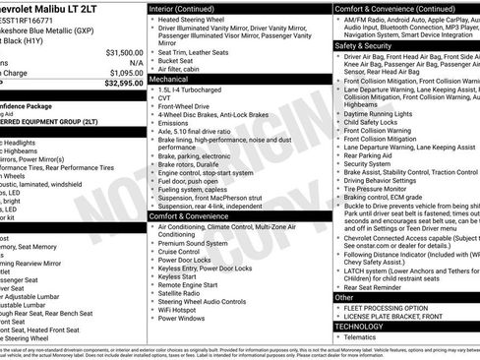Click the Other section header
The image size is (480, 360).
pos(345,296)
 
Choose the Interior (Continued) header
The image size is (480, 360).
pos(189,7)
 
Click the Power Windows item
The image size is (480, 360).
pos(182,319)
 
